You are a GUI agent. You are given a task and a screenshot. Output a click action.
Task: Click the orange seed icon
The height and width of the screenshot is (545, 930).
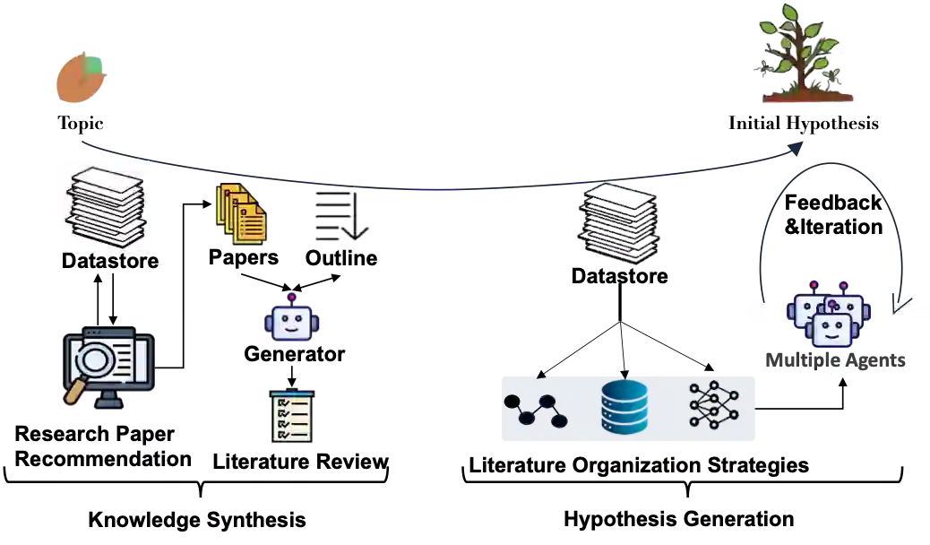(x=79, y=81)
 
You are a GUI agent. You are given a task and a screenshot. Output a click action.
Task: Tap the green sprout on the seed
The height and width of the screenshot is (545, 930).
(x=93, y=65)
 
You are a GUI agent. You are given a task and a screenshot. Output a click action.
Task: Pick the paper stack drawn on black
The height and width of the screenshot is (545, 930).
(x=617, y=224)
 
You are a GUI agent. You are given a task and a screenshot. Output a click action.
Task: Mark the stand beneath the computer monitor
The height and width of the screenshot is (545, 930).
(x=109, y=400)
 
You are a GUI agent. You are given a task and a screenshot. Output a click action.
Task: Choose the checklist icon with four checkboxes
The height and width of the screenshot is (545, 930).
(x=293, y=417)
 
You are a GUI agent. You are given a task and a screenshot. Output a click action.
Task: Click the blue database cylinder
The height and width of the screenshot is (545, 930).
(x=624, y=408)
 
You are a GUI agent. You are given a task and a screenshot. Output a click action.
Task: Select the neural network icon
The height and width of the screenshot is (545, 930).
(x=717, y=405)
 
